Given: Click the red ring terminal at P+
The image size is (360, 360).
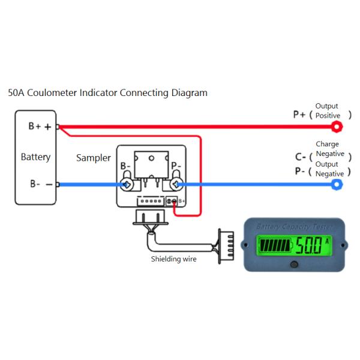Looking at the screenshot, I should (337, 127).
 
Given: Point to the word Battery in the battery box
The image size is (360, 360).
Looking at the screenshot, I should (35, 157).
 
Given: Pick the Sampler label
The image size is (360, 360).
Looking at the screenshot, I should (93, 158).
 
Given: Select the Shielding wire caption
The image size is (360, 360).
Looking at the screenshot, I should (173, 259).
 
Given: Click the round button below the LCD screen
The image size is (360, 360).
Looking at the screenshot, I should (294, 264).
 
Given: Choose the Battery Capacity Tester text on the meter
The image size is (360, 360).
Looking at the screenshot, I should (293, 227).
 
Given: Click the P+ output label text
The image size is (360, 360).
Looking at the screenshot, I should (300, 114).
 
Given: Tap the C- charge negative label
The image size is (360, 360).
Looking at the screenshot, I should (302, 157).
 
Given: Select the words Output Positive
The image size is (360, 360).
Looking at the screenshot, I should (328, 111).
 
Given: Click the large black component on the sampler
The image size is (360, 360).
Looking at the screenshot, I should (150, 163).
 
